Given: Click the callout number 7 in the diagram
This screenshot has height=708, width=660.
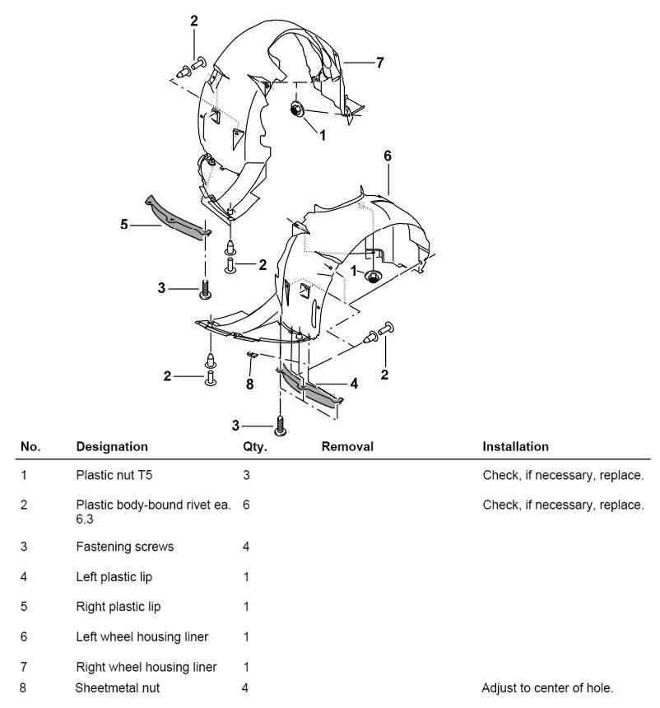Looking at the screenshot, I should [x=380, y=62].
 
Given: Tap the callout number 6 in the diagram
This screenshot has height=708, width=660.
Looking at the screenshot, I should [x=388, y=156].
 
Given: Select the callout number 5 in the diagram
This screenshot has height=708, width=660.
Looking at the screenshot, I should [x=124, y=223].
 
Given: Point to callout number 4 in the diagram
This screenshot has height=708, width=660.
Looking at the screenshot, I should [x=354, y=383].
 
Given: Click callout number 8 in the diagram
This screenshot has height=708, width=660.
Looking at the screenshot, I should [x=250, y=383].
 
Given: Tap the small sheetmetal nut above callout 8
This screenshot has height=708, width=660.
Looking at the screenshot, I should [x=253, y=355].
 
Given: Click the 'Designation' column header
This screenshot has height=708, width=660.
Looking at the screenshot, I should [x=112, y=446].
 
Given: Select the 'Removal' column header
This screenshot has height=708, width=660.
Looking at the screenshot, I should [x=347, y=446].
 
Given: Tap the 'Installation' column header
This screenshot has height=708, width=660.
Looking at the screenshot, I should [x=515, y=446].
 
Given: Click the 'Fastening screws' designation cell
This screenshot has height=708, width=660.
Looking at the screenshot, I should [x=124, y=547].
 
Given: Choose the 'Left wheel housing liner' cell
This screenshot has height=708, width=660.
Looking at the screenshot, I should [x=142, y=636].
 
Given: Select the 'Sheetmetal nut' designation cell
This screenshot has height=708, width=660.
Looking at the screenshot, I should [x=117, y=687].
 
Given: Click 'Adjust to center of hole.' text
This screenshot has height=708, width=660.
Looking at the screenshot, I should [x=547, y=687].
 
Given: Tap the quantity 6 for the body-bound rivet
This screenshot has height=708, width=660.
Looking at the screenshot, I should [x=246, y=505].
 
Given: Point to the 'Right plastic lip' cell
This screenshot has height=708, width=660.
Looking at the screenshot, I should [x=118, y=607].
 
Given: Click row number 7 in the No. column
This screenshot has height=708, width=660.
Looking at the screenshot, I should [x=24, y=666].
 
